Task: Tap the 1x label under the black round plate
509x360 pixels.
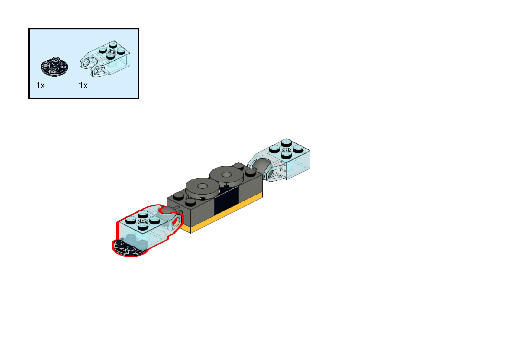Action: click(40, 85)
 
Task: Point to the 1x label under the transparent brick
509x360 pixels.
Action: click(83, 85)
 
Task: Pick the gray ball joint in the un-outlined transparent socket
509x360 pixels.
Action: click(262, 165)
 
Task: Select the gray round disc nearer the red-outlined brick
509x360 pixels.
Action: click(202, 187)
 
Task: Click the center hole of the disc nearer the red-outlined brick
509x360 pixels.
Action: click(202, 186)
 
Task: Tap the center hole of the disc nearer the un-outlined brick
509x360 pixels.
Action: click(226, 175)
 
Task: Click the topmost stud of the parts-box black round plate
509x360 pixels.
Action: click(55, 59)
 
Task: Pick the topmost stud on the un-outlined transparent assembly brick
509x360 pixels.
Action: click(286, 142)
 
